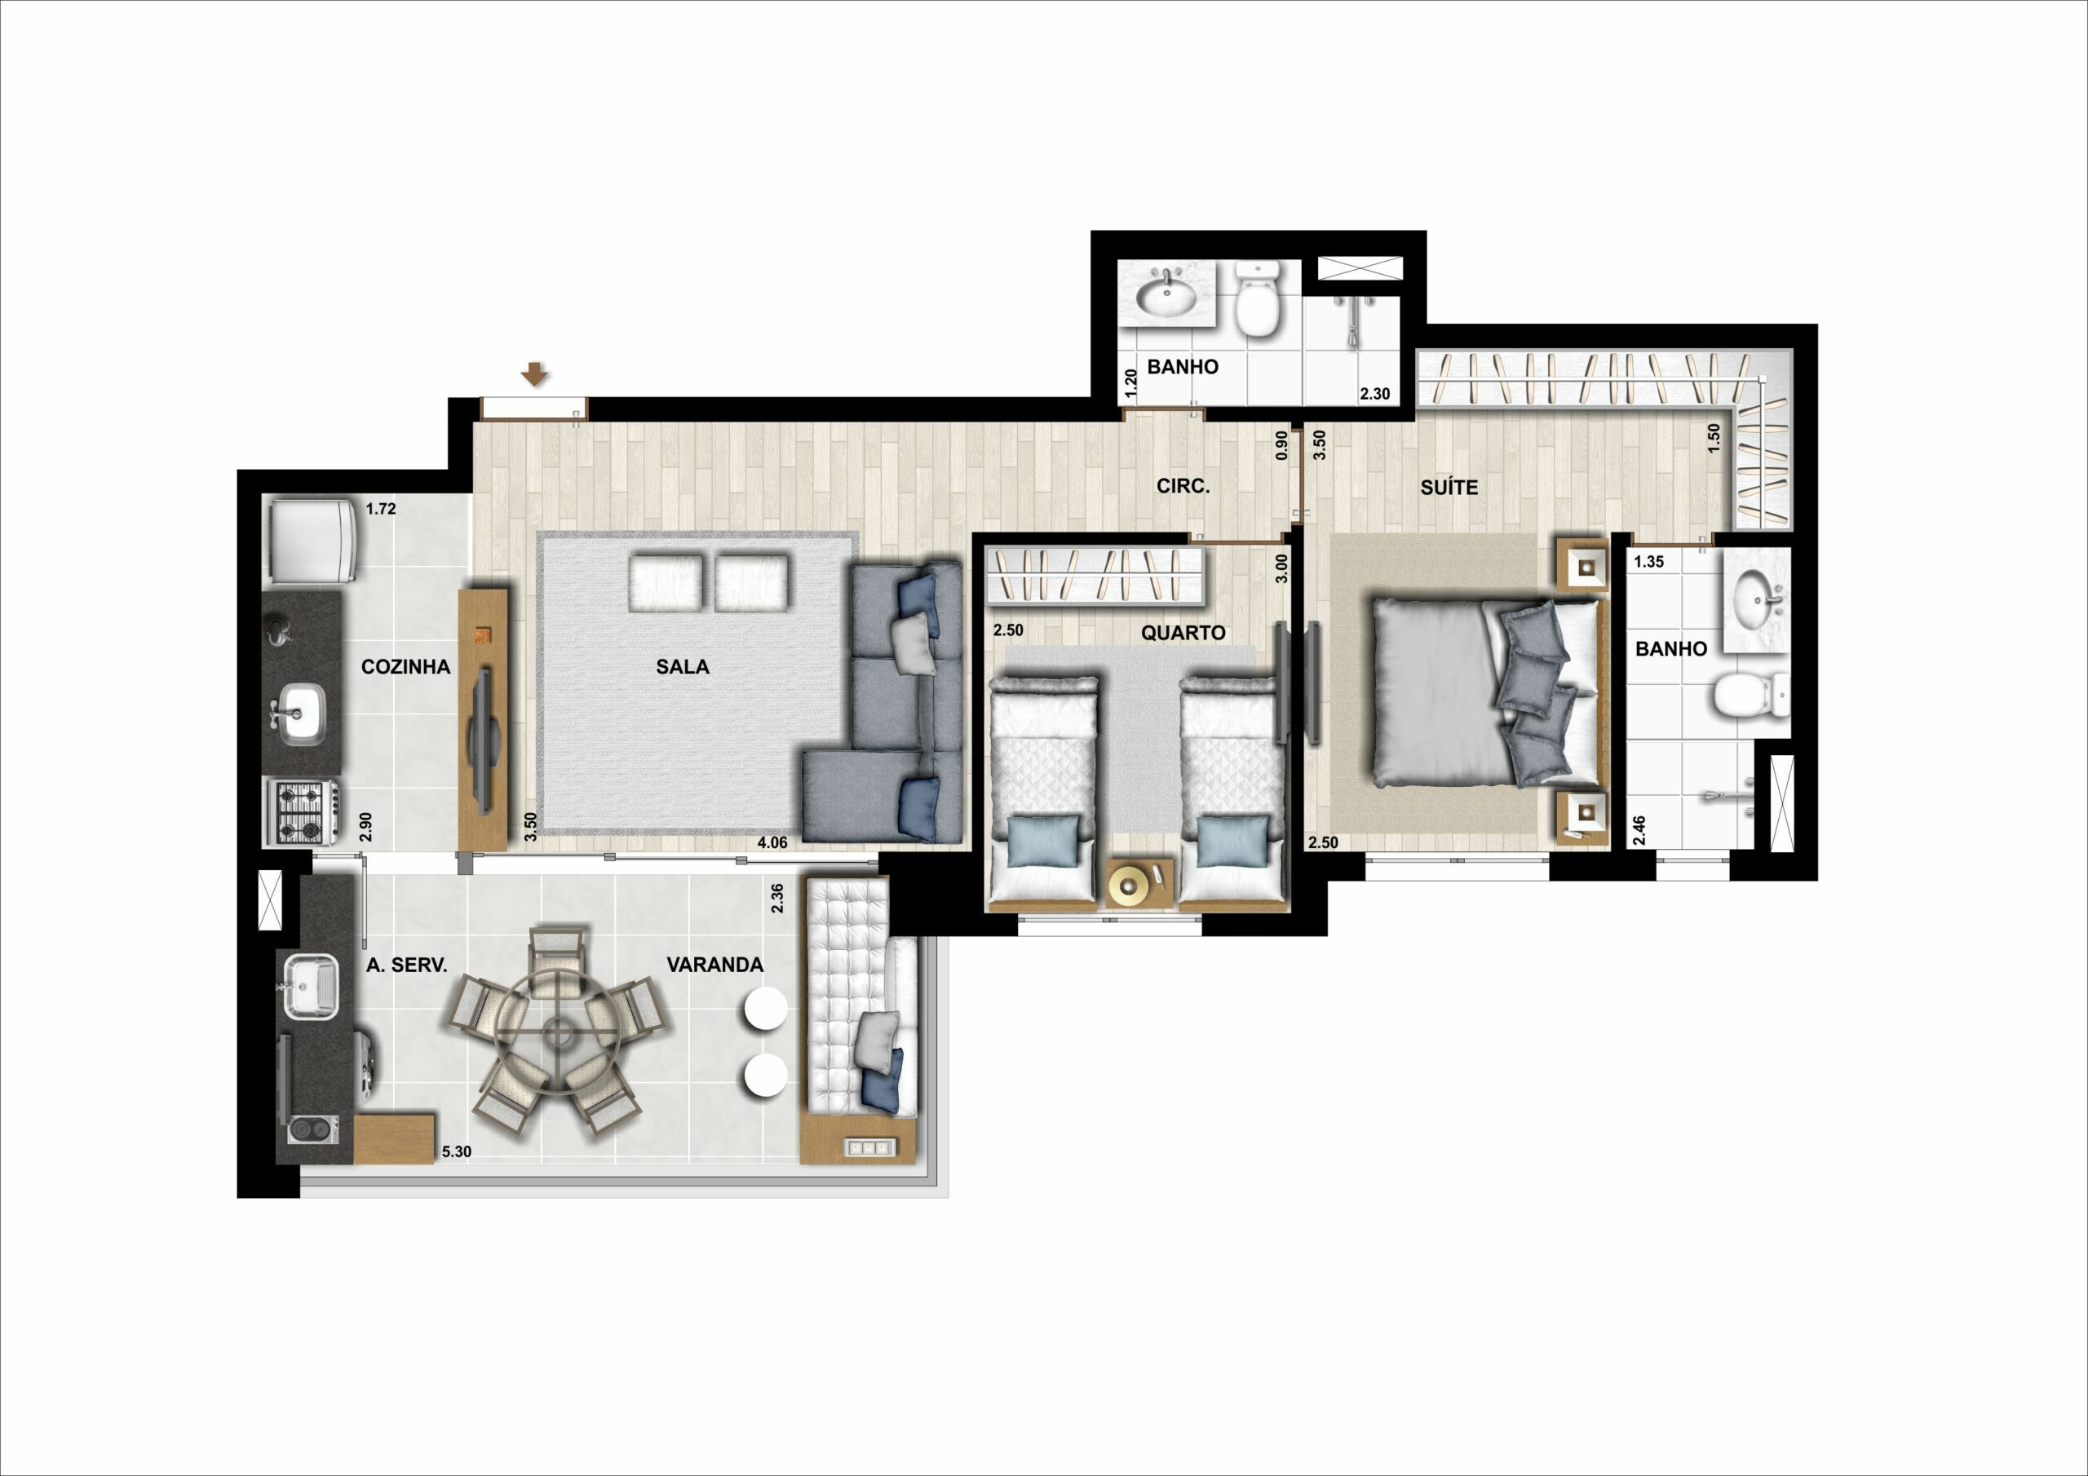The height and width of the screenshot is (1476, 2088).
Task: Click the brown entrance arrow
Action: pos(535,373)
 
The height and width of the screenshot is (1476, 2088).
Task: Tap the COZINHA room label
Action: pos(405,666)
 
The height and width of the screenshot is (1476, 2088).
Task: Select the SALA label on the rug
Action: pos(683,666)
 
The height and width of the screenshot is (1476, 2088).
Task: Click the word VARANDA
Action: pos(714,965)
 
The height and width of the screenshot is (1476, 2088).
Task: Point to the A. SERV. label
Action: pos(406,966)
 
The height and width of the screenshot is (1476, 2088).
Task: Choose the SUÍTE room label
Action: pos(1449,488)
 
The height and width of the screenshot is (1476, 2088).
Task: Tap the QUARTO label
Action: pos(1183,633)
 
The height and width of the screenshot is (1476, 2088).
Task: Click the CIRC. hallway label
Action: pos(1183,487)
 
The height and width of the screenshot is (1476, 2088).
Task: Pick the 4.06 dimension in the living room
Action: pos(772,843)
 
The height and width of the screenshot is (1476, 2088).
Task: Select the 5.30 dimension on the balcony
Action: pos(457,1151)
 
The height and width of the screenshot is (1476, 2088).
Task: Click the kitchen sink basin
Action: pos(301,713)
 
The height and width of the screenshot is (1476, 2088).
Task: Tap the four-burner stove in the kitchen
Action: pos(302,812)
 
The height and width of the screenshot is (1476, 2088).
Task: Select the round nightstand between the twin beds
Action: pos(1139,882)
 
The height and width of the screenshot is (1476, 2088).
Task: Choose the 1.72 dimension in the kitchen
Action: pos(381,510)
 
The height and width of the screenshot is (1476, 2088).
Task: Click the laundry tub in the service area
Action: pos(311,987)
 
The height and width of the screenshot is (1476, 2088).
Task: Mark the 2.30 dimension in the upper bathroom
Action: pos(1375,394)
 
